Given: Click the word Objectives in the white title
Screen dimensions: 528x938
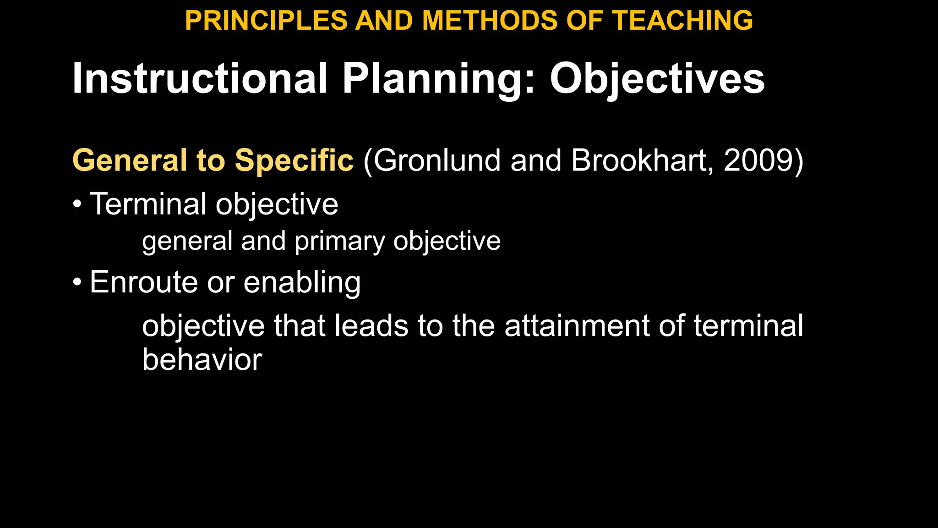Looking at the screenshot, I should pos(657,78).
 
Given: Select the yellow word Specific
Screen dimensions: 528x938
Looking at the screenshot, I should pos(294,160).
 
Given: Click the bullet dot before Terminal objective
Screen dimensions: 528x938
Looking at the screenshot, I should pos(77,204).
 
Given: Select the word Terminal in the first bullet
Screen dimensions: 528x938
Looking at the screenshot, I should pos(148,204).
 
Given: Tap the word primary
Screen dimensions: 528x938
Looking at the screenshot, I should pos(339,242).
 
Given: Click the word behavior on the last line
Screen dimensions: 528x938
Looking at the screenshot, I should pos(202,360).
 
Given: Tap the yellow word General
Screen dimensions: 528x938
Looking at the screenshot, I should pos(130,160).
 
